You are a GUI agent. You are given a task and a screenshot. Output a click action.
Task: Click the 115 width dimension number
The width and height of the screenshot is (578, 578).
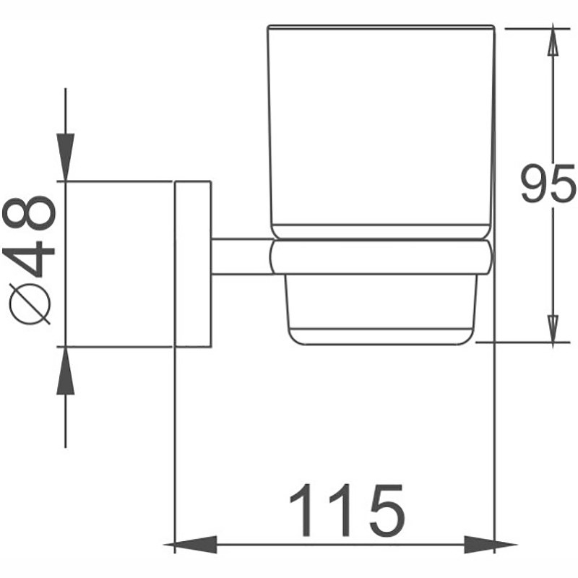coord(348,510)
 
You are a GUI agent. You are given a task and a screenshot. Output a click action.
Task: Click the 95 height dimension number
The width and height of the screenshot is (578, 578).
coord(548,184)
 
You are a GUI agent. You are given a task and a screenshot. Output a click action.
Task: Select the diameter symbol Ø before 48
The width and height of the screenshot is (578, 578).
coord(30,303)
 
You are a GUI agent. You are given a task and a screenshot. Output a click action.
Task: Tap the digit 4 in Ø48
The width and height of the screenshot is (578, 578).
coord(29,259)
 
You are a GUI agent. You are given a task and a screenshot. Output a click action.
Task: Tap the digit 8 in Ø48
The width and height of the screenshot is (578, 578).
coord(29,214)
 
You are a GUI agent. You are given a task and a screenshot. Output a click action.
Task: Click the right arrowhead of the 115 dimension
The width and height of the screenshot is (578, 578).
coord(491,545)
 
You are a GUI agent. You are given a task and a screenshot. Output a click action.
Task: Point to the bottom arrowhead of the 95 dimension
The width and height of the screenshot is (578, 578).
coord(552,329)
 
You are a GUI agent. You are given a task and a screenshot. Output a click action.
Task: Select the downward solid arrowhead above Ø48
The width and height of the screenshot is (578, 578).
coord(66,157)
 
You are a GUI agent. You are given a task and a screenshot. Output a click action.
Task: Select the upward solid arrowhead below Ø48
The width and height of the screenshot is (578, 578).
coord(66,371)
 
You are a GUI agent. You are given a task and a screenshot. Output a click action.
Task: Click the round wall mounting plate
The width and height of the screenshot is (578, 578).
coord(193,264)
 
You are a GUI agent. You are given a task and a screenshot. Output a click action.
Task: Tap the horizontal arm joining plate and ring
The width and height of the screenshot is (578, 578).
coord(242,256)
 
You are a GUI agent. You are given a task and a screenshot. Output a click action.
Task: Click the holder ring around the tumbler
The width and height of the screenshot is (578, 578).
coord(381,257)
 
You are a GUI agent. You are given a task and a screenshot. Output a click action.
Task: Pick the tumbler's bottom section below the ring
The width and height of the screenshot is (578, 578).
coord(381,310)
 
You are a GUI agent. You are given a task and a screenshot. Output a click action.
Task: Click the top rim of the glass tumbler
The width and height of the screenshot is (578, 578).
coord(381,27)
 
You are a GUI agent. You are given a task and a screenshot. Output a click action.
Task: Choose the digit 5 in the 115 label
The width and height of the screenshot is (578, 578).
coord(388,511)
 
